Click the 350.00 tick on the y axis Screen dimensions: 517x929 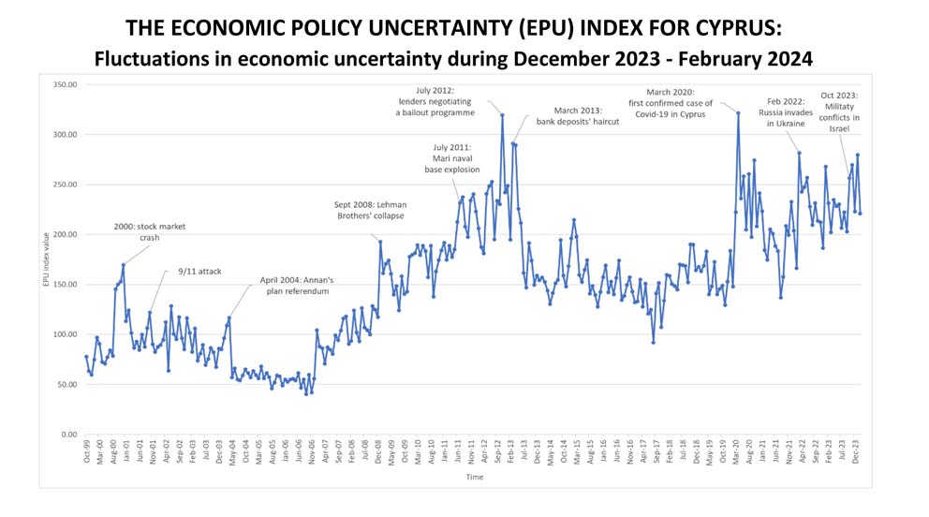coord(62,84)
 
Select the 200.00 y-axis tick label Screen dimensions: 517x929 coord(62,234)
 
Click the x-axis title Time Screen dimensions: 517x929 coord(476,477)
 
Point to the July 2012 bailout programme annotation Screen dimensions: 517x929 coord(435,100)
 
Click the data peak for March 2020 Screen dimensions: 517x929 coord(738,113)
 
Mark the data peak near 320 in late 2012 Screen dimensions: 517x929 coord(503,115)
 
